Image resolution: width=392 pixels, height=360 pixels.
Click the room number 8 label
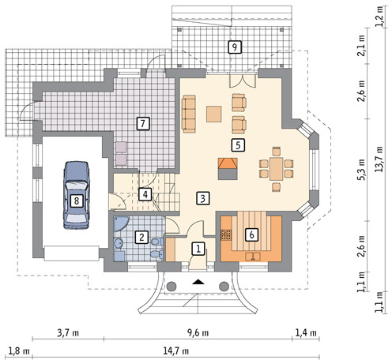(x=77, y=201)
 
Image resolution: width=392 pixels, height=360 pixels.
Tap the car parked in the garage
(x=77, y=195)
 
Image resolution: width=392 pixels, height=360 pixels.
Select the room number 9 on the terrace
(x=235, y=47)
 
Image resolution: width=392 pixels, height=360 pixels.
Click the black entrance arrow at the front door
(x=198, y=282)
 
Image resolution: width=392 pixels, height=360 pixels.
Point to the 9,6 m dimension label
(x=198, y=333)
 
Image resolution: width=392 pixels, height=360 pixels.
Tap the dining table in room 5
(x=276, y=169)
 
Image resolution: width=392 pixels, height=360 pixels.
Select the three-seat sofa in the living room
(x=189, y=114)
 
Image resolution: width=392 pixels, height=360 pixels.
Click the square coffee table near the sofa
(x=213, y=114)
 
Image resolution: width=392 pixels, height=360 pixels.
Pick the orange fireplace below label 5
(x=228, y=169)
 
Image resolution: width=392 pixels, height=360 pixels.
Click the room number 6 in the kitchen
(x=251, y=234)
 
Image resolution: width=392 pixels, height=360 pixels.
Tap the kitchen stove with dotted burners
(x=226, y=235)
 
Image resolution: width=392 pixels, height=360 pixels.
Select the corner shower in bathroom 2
(x=120, y=223)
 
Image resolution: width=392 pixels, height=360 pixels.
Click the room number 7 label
(x=143, y=123)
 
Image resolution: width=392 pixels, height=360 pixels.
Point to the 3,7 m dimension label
(x=68, y=333)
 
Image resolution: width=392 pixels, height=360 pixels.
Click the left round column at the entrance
(x=171, y=286)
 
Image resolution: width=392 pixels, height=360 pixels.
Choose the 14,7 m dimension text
(x=175, y=351)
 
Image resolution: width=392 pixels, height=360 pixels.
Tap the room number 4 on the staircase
(x=145, y=194)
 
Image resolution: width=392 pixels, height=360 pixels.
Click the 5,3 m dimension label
(x=361, y=170)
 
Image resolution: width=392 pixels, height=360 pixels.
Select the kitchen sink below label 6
(x=253, y=256)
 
